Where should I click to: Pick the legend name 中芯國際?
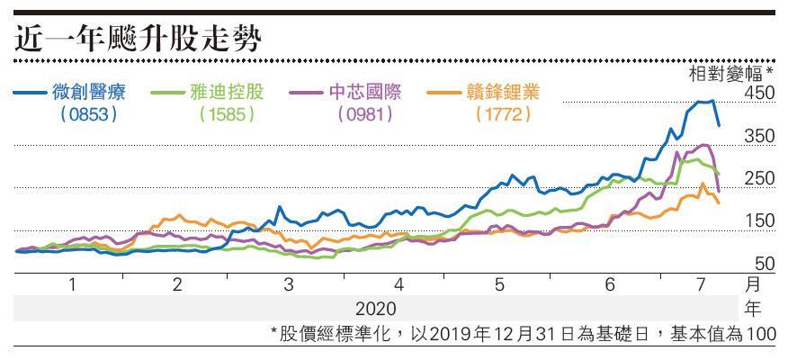click(x=365, y=92)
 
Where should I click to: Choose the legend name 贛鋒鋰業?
click(x=504, y=92)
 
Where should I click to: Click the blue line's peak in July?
click(x=712, y=101)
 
